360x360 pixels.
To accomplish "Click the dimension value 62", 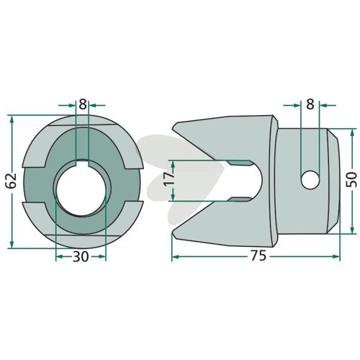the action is click(x=12, y=180).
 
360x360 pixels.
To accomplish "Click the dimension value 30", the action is click(x=81, y=257).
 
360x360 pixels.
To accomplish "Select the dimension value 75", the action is click(x=258, y=256).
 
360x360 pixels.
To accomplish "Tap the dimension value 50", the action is click(x=351, y=179).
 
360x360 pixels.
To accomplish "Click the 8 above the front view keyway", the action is click(x=83, y=104).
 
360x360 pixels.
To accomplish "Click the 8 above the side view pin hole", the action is click(x=310, y=104).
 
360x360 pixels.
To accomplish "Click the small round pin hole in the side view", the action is click(x=310, y=179).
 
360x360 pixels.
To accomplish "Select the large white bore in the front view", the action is click(x=81, y=189).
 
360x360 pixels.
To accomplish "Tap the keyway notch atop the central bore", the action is click(x=82, y=163).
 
